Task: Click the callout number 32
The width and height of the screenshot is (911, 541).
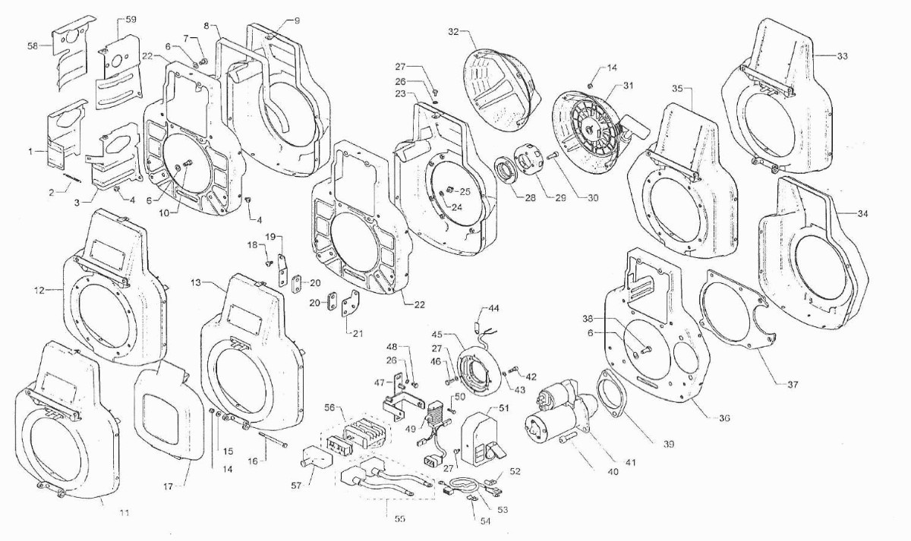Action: tap(453, 32)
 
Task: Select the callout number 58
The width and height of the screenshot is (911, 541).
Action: tap(32, 46)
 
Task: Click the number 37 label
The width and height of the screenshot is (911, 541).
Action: tap(793, 385)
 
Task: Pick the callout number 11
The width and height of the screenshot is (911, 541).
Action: tap(125, 513)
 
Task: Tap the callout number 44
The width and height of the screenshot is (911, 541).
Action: tap(493, 309)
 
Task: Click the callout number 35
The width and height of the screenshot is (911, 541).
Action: tap(679, 89)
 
